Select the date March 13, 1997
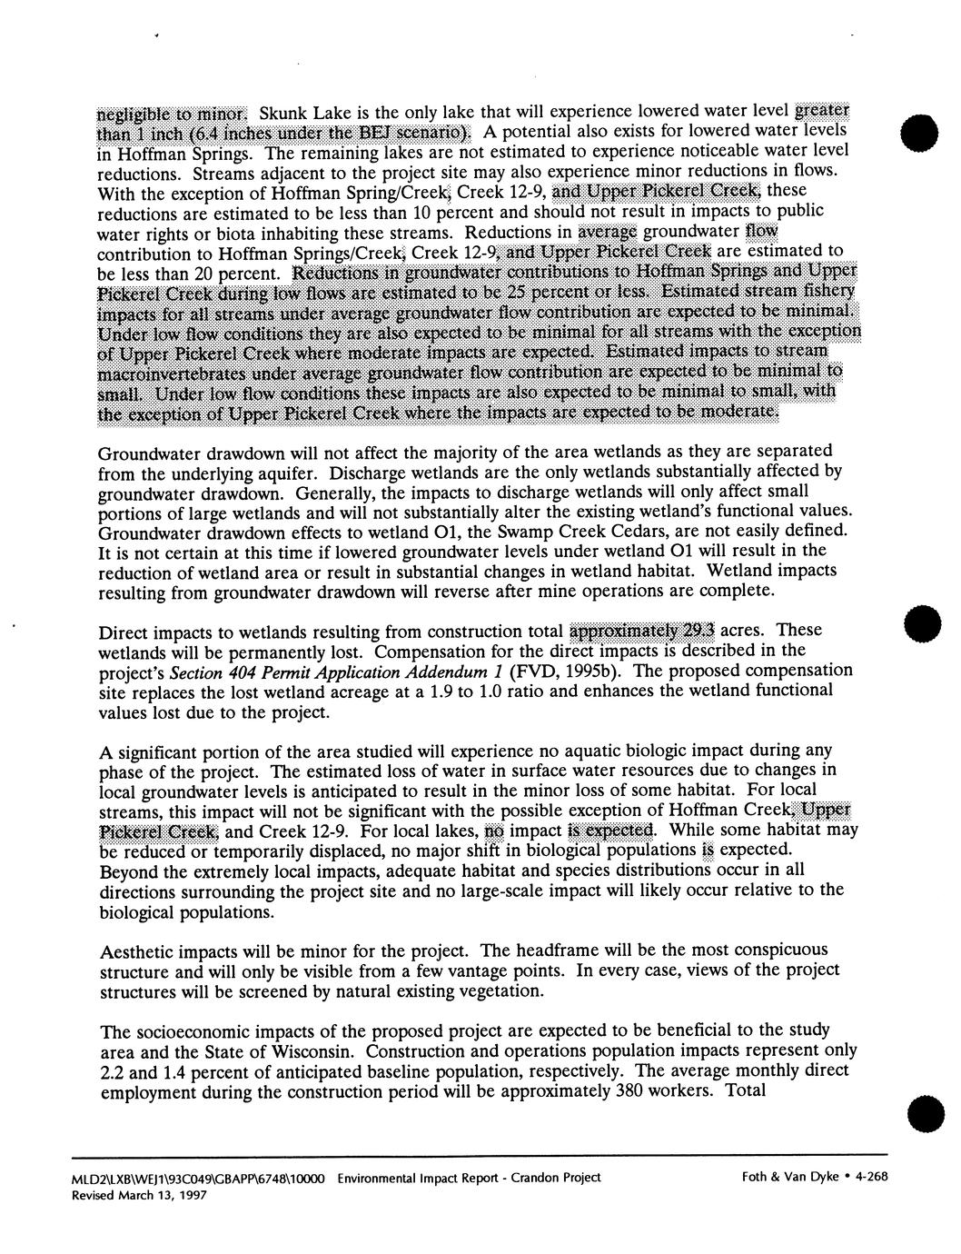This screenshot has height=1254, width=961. tap(164, 1196)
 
